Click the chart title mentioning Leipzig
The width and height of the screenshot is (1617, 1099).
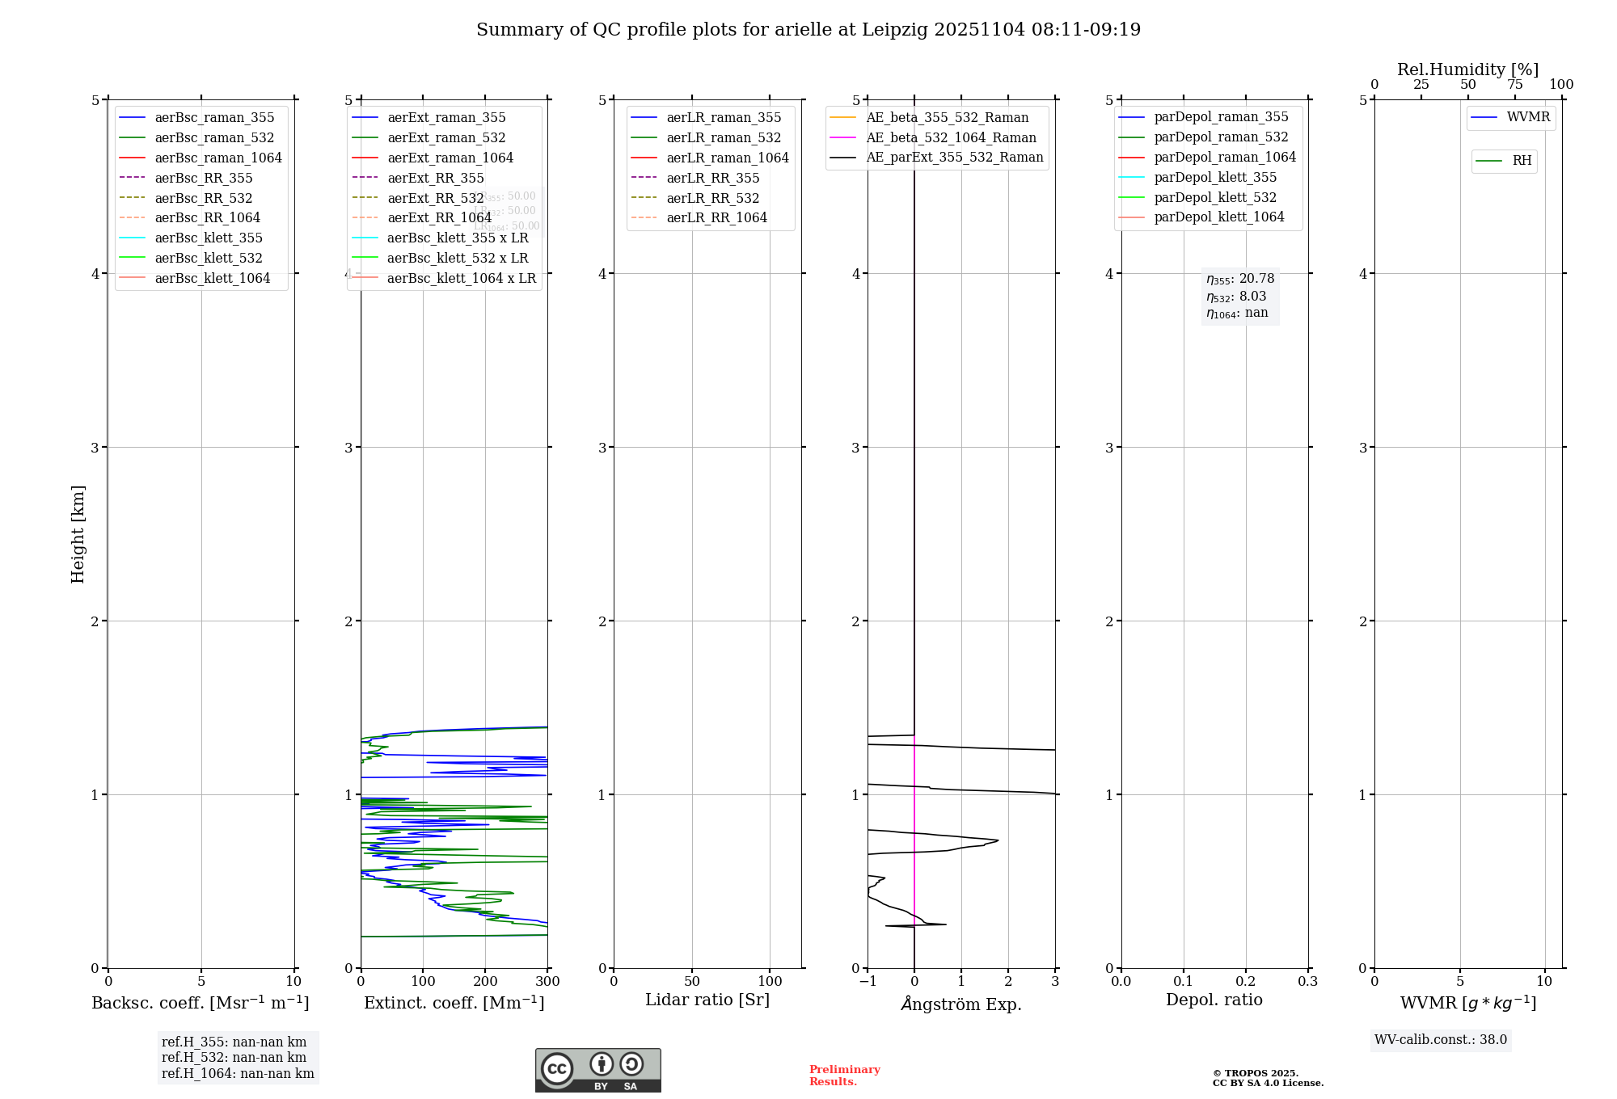coord(808,30)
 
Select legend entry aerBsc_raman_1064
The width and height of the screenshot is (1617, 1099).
coord(218,158)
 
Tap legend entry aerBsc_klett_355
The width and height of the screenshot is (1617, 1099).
coord(209,238)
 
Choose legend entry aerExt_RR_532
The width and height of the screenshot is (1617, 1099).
coord(435,198)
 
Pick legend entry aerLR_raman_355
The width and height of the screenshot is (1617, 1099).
coord(724,118)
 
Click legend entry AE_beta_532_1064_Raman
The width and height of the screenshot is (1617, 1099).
coord(951,137)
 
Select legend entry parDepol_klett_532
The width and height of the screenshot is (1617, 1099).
coord(1215,197)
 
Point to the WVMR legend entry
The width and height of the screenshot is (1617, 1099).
coord(1528,117)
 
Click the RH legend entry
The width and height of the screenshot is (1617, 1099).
coord(1522,161)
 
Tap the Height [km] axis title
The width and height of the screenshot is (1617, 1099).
coord(78,533)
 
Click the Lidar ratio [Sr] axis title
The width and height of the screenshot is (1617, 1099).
coord(707,1000)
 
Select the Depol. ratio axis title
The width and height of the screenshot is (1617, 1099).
coord(1214,1000)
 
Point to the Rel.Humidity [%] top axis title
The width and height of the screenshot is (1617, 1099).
coord(1467,69)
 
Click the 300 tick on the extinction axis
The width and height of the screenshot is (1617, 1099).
coord(547,982)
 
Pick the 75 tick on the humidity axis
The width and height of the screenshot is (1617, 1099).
coord(1514,85)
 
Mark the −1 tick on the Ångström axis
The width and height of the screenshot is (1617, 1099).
coord(868,982)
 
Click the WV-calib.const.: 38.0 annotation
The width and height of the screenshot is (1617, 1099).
coord(1440,1040)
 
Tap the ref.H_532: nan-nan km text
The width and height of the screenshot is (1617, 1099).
coord(234,1058)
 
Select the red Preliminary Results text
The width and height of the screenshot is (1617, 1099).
coord(844,1076)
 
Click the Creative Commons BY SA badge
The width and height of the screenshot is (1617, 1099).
coord(597,1070)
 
